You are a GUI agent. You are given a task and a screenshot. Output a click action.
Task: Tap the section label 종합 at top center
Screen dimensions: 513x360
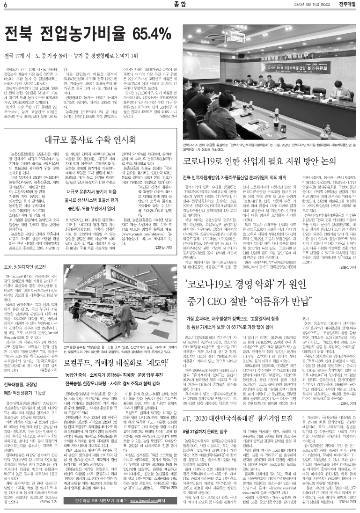[179, 5]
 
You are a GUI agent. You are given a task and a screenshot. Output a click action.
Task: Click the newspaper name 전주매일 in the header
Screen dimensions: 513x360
[346, 5]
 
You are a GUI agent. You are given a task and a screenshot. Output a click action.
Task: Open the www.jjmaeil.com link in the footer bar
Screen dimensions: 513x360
[145, 501]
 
